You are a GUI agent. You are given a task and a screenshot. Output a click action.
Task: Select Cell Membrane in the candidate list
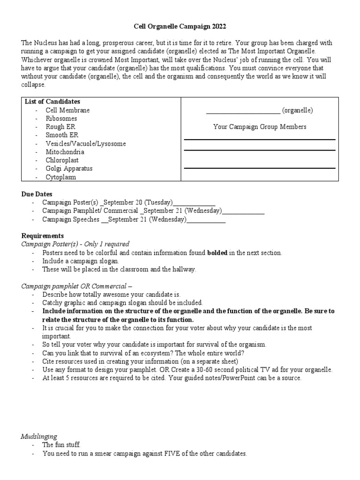coord(67,110)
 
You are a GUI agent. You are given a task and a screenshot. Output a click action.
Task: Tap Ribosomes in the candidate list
coord(61,119)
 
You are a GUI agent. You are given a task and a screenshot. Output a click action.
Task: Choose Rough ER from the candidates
coord(60,127)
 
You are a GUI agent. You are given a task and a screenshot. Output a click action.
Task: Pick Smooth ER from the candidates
coord(62,135)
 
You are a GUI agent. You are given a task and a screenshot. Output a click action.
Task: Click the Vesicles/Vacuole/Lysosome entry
coord(85,143)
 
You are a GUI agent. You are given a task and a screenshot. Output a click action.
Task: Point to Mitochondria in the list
coord(65,152)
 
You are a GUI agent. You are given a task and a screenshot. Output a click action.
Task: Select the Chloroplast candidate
coord(62,160)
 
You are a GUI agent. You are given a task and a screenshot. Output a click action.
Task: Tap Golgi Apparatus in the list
coord(69,168)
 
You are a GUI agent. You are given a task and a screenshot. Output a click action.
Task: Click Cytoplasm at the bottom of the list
coord(60,177)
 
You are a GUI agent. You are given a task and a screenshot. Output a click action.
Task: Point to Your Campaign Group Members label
coord(260,127)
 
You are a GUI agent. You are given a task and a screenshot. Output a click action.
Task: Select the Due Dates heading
coord(37,194)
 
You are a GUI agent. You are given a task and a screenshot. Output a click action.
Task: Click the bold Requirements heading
coord(43,236)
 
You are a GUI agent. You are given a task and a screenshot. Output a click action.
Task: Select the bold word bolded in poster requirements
coord(217,253)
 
